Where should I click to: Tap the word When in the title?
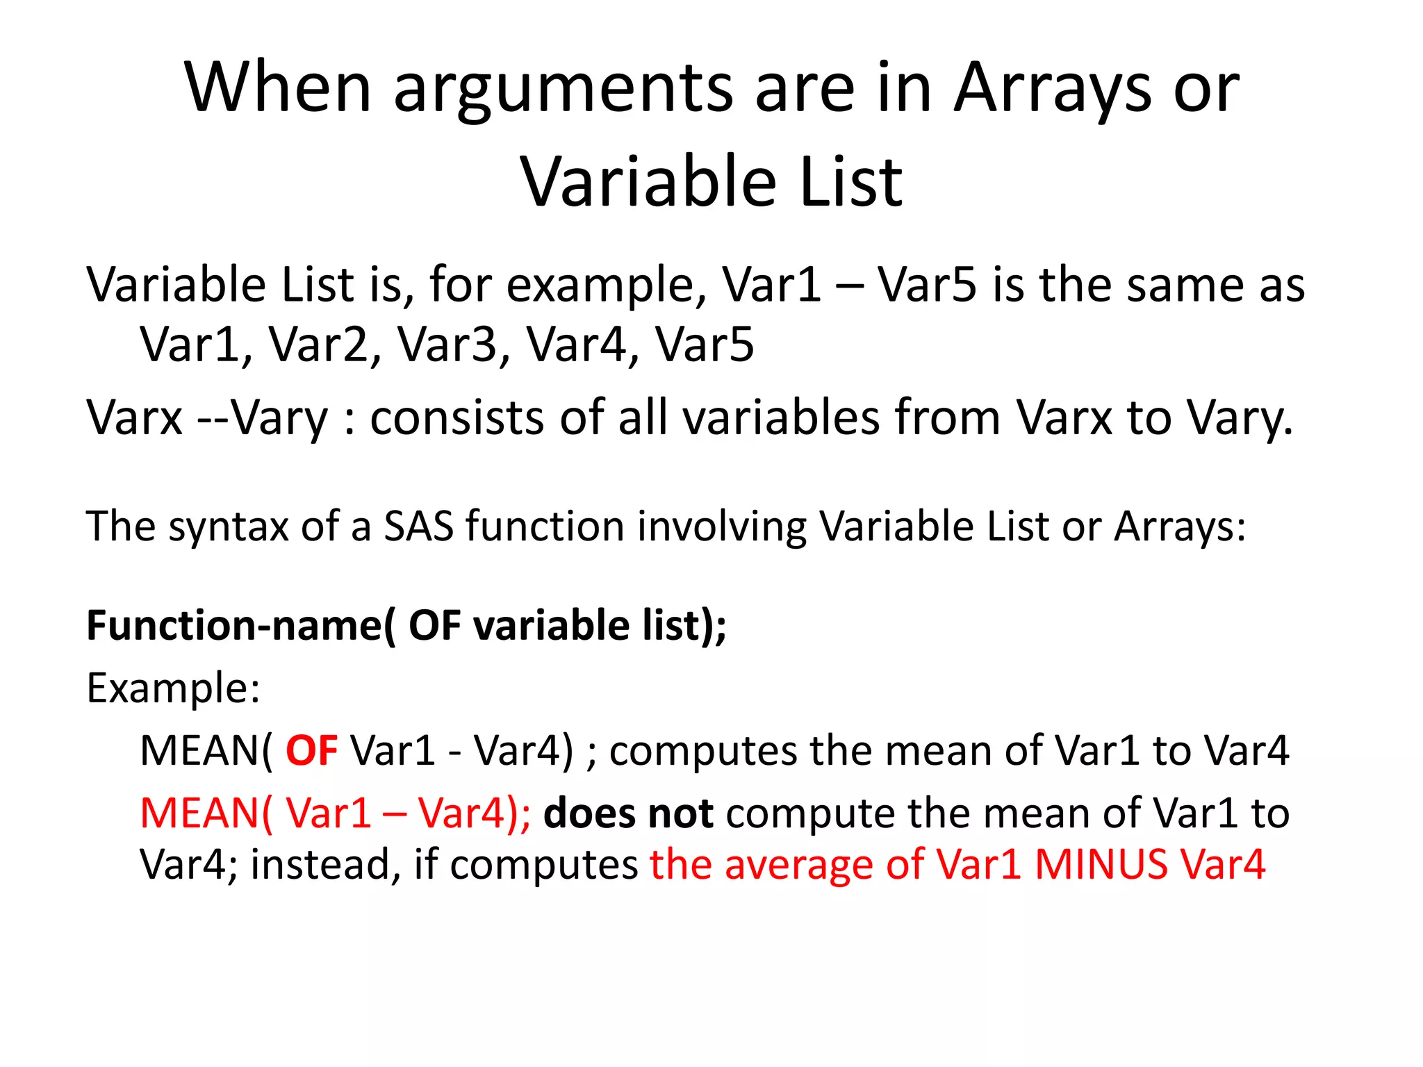click(278, 89)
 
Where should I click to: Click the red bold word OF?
click(311, 751)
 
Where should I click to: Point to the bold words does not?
click(628, 813)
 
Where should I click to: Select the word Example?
click(173, 688)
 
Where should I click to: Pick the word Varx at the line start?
click(134, 418)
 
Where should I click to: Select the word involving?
click(722, 526)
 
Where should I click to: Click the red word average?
click(798, 865)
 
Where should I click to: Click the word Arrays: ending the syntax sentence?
click(1180, 526)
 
